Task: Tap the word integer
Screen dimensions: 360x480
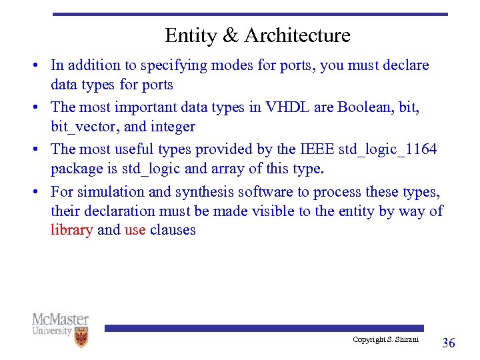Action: (173, 127)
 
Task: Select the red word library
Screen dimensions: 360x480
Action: (71, 230)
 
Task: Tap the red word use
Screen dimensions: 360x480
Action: (135, 230)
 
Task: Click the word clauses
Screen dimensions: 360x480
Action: (173, 230)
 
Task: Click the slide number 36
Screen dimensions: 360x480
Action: (449, 343)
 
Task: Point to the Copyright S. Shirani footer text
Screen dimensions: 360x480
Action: (386, 340)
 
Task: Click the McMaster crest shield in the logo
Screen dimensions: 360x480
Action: (81, 338)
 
